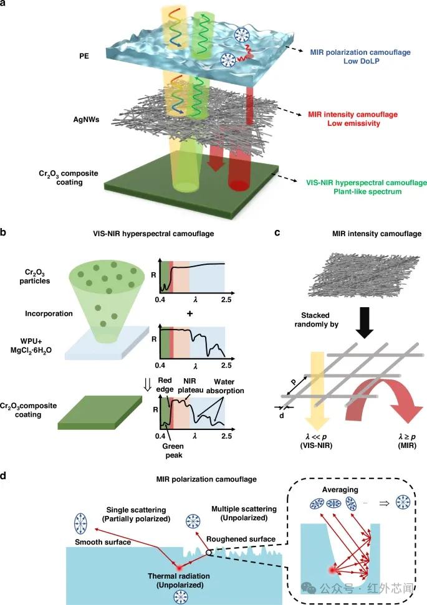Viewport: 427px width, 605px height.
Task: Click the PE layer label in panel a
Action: coord(84,56)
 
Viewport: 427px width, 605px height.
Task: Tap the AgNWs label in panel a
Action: coord(86,119)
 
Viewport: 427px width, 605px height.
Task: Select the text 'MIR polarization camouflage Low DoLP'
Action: coord(360,56)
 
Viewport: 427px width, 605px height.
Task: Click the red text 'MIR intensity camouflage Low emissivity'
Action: coord(353,119)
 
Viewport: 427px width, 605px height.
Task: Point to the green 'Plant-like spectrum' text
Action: coord(367,192)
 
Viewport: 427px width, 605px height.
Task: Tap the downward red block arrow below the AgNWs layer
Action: coord(216,158)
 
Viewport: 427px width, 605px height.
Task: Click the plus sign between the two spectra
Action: coord(190,313)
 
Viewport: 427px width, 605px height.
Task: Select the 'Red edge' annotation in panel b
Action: coord(165,384)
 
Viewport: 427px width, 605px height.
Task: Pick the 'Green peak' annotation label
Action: coord(173,450)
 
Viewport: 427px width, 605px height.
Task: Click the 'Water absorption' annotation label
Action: coord(224,386)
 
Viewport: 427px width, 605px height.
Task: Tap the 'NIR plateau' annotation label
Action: coord(190,386)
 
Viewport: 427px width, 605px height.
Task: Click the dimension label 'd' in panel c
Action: coord(282,416)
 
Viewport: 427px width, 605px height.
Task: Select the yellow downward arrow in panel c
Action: coord(317,390)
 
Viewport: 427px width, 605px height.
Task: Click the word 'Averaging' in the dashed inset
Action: coord(340,490)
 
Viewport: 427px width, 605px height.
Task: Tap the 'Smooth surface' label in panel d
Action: coord(103,542)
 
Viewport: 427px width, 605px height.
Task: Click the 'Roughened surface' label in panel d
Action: coord(241,539)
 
